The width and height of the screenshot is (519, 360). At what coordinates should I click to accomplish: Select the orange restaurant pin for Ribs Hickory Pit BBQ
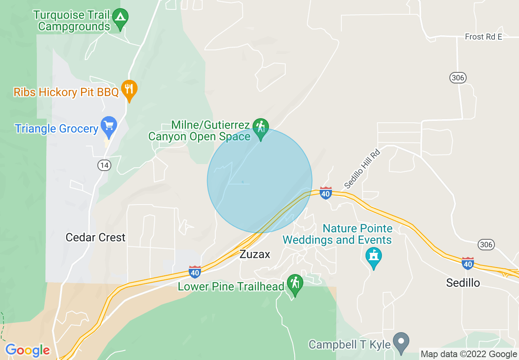click(x=129, y=89)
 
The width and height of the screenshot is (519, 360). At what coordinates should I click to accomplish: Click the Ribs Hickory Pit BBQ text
click(x=66, y=92)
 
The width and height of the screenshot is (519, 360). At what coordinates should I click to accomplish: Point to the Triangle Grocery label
click(x=56, y=129)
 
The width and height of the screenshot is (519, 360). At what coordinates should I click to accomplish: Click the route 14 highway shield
click(x=104, y=165)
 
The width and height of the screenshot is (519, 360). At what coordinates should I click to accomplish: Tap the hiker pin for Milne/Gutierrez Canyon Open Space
click(x=261, y=127)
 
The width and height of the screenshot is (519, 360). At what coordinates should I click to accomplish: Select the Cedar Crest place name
click(x=95, y=238)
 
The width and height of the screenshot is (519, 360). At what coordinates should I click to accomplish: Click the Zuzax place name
click(x=255, y=254)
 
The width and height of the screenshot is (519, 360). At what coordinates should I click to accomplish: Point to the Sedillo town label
click(x=463, y=283)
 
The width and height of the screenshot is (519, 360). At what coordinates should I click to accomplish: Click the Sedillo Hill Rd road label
click(x=362, y=169)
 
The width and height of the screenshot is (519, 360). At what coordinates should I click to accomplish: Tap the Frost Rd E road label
click(x=483, y=37)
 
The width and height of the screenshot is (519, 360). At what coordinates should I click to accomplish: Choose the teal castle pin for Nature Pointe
click(x=373, y=256)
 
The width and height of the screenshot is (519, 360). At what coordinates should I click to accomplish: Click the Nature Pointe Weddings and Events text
click(x=338, y=234)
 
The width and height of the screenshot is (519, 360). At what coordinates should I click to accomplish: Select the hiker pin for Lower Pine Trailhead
click(x=295, y=283)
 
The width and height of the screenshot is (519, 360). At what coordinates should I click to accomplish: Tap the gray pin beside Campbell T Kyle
click(x=401, y=341)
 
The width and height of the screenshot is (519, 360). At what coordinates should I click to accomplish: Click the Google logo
click(x=27, y=350)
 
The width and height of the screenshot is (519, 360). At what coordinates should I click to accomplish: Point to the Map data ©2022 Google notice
click(x=469, y=354)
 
